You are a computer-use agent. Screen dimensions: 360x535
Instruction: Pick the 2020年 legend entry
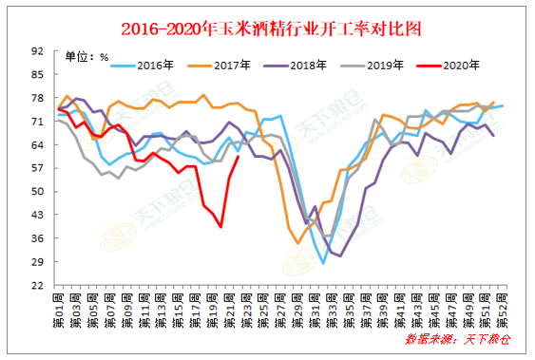point(460,66)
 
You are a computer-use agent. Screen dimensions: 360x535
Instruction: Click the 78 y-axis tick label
point(38,98)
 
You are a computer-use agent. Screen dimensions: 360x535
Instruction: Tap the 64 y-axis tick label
point(38,144)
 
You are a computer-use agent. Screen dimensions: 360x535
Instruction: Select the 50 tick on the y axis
point(38,191)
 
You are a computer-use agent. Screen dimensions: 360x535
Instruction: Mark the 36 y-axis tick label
point(38,237)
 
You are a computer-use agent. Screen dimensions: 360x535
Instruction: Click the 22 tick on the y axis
point(38,284)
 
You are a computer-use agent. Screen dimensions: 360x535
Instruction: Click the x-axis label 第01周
point(59,309)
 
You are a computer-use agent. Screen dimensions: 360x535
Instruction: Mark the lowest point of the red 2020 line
point(220,227)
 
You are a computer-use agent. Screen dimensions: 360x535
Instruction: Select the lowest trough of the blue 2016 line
point(324,262)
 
